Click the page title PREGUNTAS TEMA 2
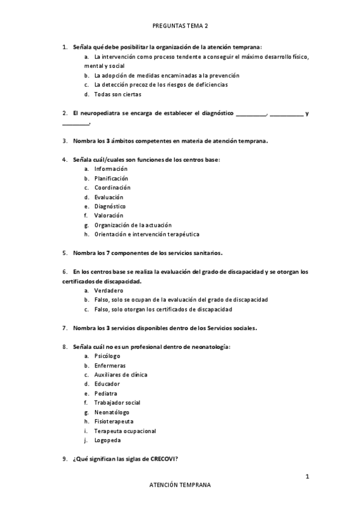180,26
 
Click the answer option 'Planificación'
111,179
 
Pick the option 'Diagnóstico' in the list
109,206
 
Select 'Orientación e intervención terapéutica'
147,234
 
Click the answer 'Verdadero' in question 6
108,290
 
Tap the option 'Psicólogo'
107,356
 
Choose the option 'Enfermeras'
109,366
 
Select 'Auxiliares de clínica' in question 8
120,375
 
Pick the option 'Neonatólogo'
111,412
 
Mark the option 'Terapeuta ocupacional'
125,431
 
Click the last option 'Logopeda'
107,440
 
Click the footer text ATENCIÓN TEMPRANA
180,485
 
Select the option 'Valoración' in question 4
108,215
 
